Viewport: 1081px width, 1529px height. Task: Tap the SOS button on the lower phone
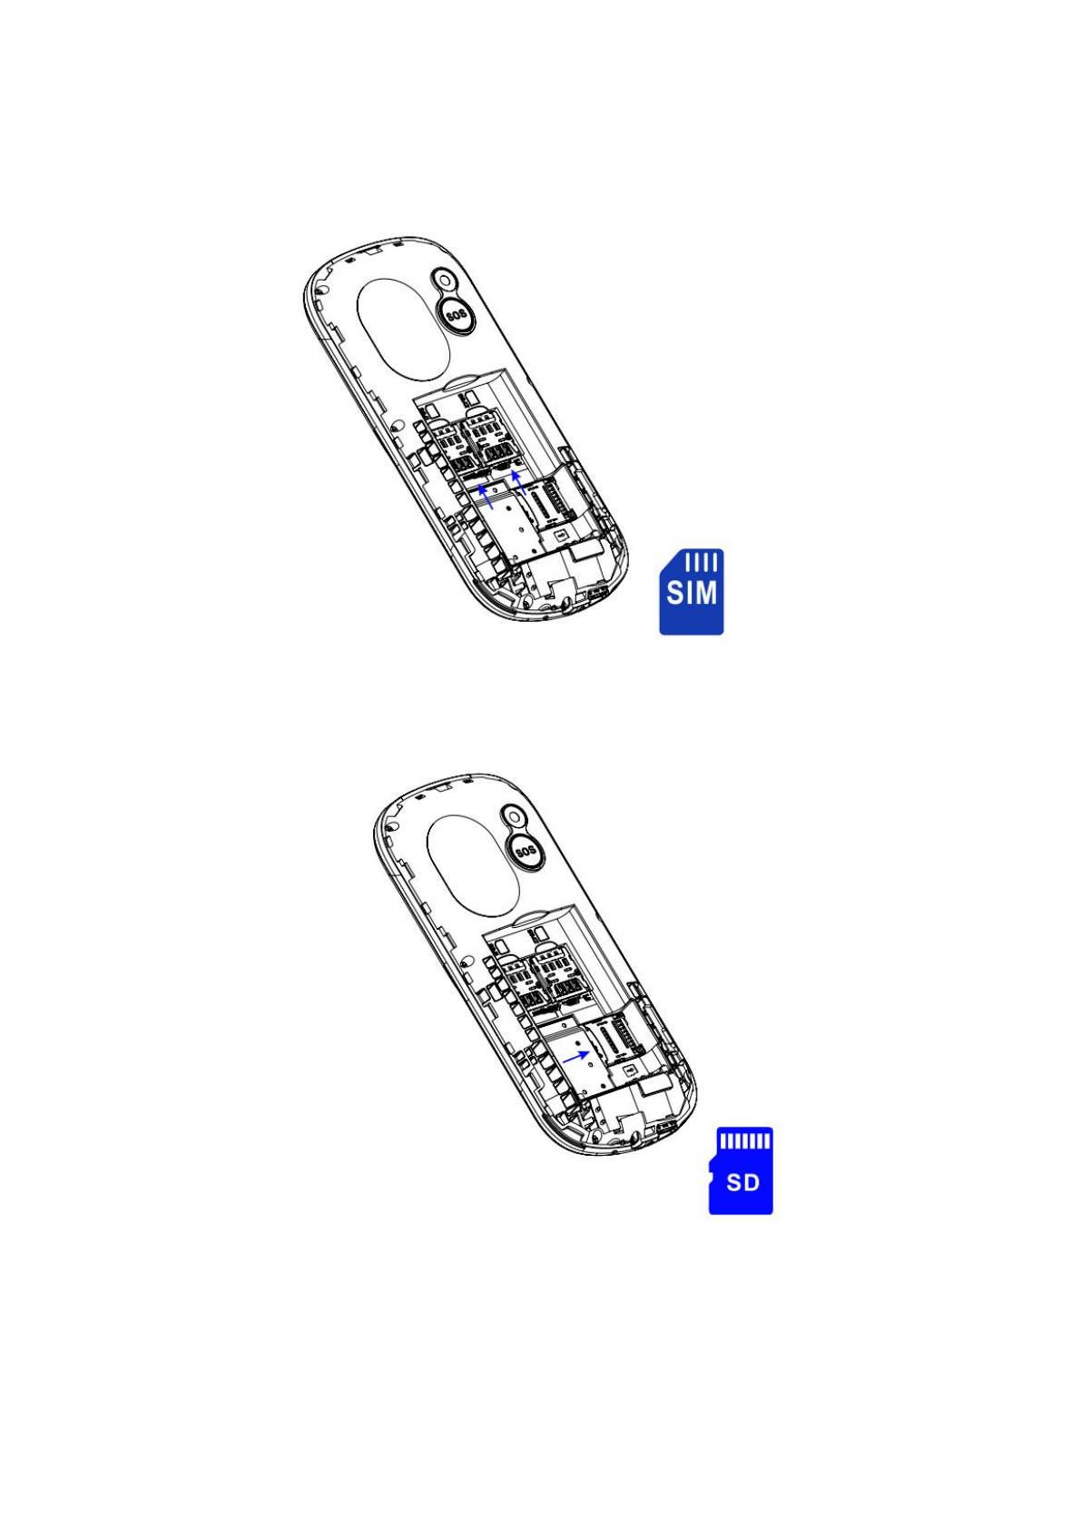pos(526,851)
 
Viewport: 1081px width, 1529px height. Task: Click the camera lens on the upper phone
pos(445,280)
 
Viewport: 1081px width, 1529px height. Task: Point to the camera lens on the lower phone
pos(515,816)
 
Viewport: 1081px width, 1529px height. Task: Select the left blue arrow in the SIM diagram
pos(486,497)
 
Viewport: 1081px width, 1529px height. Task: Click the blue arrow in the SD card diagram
pos(576,1056)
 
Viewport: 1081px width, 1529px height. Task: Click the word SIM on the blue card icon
pos(692,593)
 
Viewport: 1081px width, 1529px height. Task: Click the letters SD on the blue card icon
pos(743,1182)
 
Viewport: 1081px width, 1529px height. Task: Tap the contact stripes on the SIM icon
pos(701,562)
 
